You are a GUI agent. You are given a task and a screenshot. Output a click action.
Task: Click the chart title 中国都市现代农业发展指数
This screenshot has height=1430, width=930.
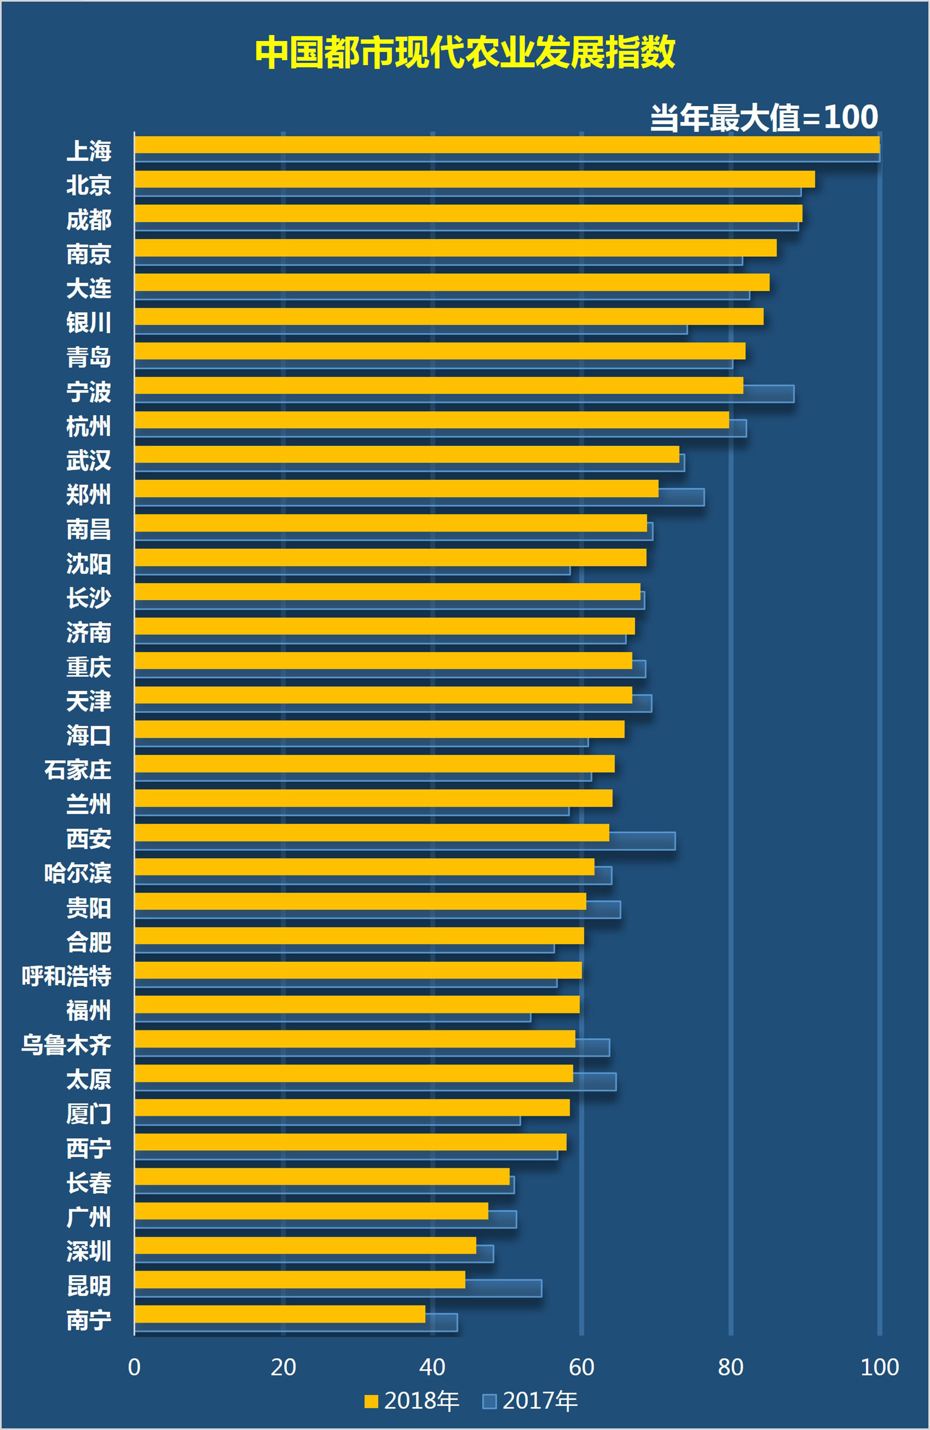coord(465,53)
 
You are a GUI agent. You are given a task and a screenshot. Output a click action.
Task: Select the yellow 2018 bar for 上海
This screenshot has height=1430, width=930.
coord(506,145)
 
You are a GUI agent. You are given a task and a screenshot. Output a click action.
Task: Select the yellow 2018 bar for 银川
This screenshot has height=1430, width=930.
coord(448,317)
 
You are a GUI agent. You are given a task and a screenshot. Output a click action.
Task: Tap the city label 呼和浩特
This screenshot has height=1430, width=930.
coord(67,976)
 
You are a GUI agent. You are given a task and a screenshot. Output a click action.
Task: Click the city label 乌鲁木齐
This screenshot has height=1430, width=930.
coord(67,1045)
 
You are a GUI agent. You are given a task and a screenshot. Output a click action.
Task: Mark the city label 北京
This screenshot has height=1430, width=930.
coord(89,185)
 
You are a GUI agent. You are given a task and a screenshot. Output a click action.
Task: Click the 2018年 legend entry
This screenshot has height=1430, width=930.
coord(411,1401)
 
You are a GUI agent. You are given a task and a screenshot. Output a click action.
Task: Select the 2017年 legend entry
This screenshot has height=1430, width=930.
coord(530,1401)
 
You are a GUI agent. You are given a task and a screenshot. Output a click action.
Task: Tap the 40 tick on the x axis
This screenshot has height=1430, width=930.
coord(432,1367)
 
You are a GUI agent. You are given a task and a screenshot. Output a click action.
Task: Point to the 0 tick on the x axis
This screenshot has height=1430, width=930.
coord(135,1367)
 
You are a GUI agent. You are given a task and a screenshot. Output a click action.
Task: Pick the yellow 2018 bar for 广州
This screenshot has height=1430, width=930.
coord(311,1211)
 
